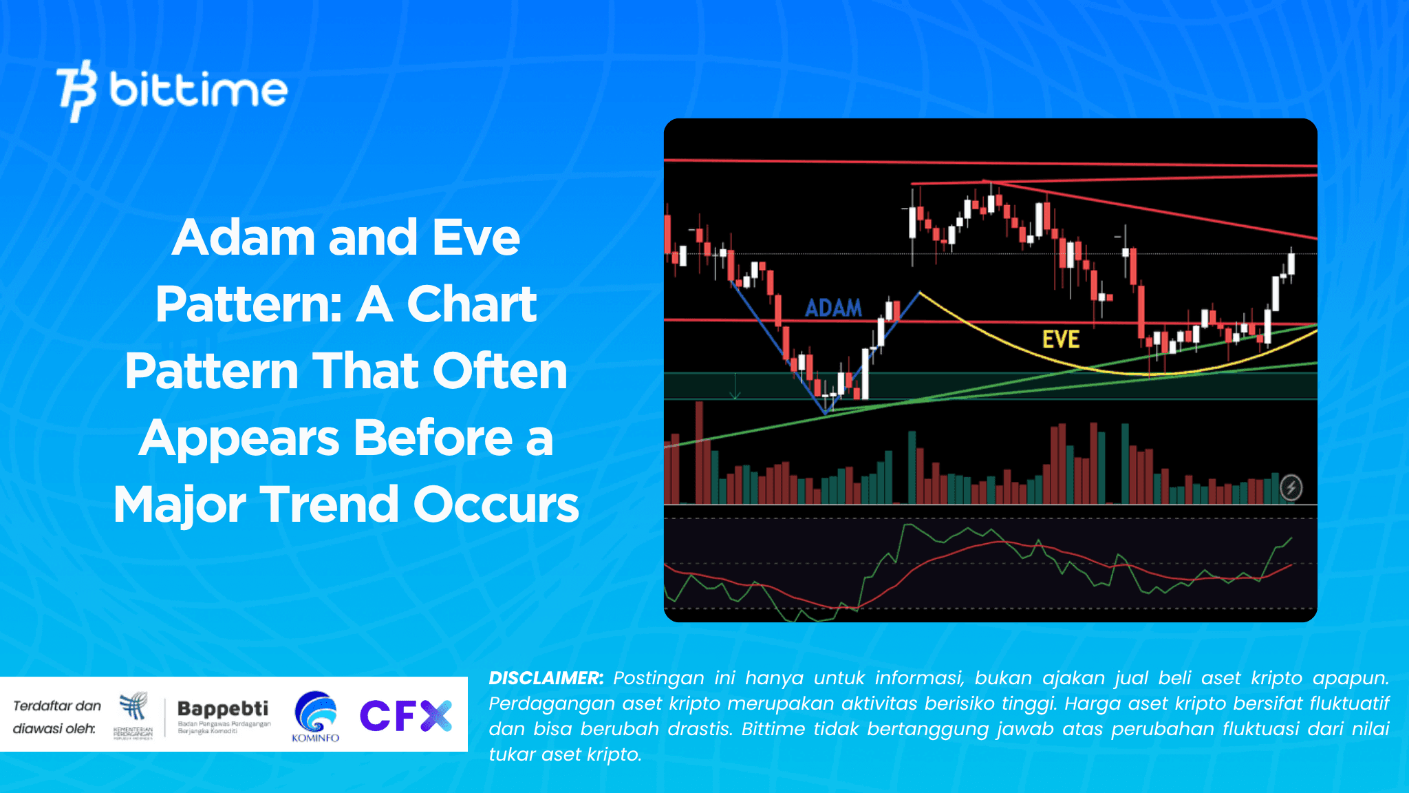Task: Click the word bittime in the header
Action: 198,90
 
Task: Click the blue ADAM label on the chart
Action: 833,308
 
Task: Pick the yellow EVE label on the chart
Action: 1060,339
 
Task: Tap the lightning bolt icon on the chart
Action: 1291,487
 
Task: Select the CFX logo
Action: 405,715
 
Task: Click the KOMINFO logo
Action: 315,717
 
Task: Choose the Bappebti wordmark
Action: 223,708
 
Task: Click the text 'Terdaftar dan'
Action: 57,706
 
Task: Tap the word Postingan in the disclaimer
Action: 658,678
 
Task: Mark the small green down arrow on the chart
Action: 735,388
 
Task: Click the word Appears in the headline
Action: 240,438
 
